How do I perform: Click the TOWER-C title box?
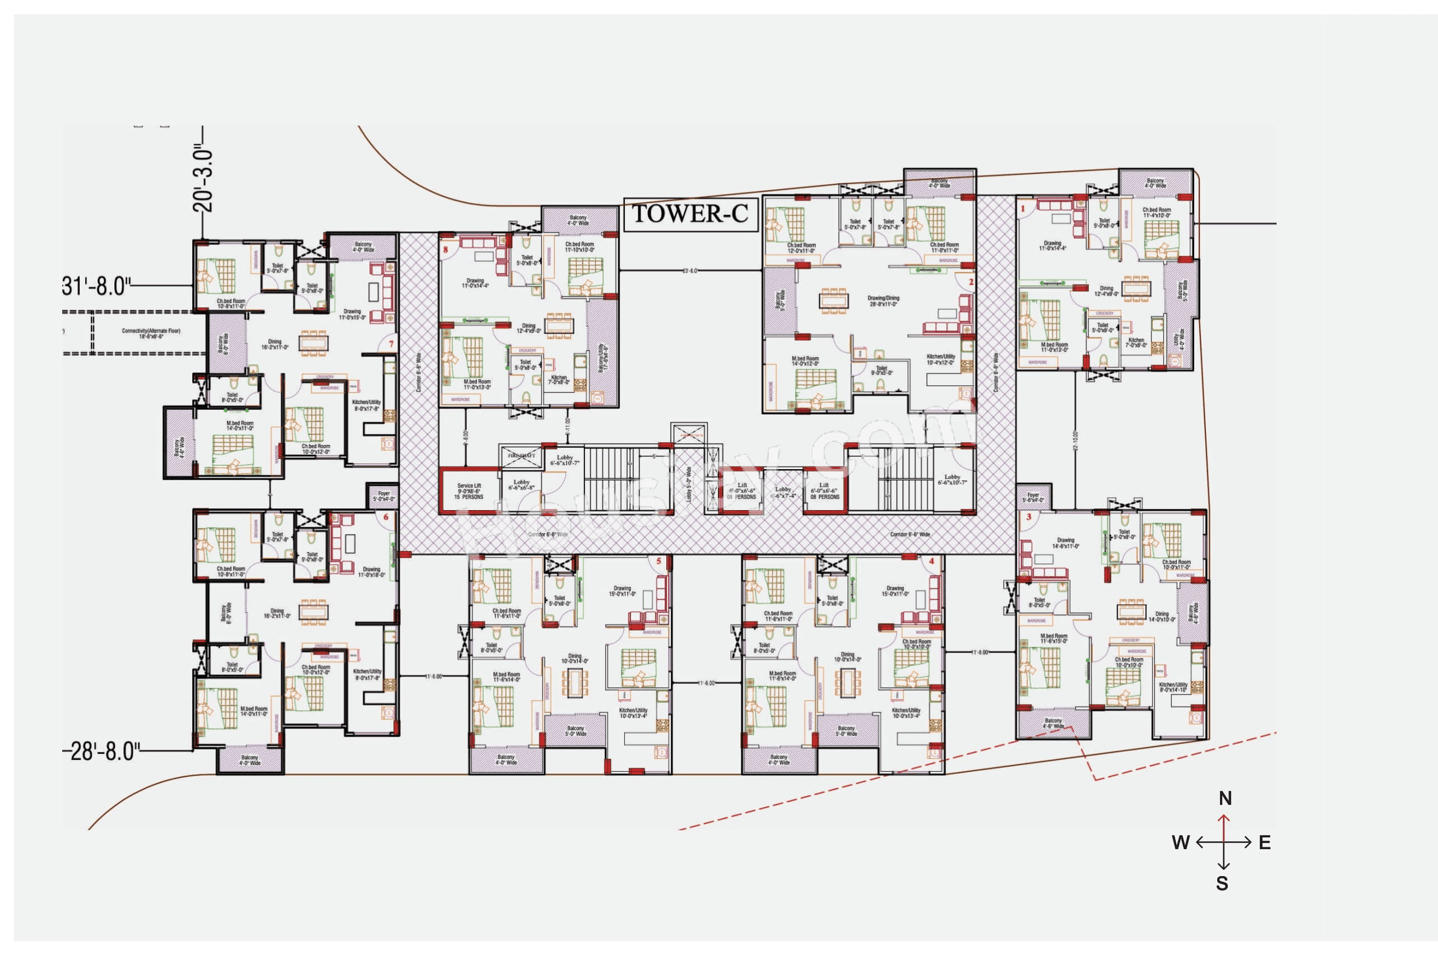[690, 214]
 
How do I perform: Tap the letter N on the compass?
[1225, 798]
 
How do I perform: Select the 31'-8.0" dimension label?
[96, 285]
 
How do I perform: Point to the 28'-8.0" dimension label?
[101, 752]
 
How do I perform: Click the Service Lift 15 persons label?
[468, 492]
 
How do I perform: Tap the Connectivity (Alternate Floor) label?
[151, 334]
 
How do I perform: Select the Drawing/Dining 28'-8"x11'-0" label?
[883, 301]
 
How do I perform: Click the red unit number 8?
[446, 249]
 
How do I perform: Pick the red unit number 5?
[658, 561]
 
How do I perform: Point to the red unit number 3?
[1028, 517]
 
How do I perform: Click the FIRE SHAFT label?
[521, 455]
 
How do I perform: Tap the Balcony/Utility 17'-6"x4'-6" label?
[603, 356]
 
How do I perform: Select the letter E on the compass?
[1265, 842]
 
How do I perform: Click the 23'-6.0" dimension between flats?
[690, 271]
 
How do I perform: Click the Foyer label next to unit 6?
[384, 497]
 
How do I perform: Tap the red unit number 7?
[391, 344]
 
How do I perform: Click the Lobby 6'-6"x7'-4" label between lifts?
[783, 492]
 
